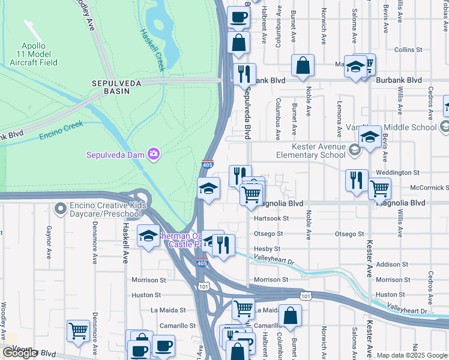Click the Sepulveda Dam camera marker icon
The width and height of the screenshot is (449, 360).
154,155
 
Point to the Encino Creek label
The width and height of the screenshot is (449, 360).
61,130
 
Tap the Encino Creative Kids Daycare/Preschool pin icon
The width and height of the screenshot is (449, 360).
60,209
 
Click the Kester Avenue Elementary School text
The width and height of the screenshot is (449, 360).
310,151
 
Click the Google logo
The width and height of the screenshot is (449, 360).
20,353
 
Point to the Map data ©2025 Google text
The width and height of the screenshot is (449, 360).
411,355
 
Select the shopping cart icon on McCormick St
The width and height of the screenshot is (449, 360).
379,188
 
